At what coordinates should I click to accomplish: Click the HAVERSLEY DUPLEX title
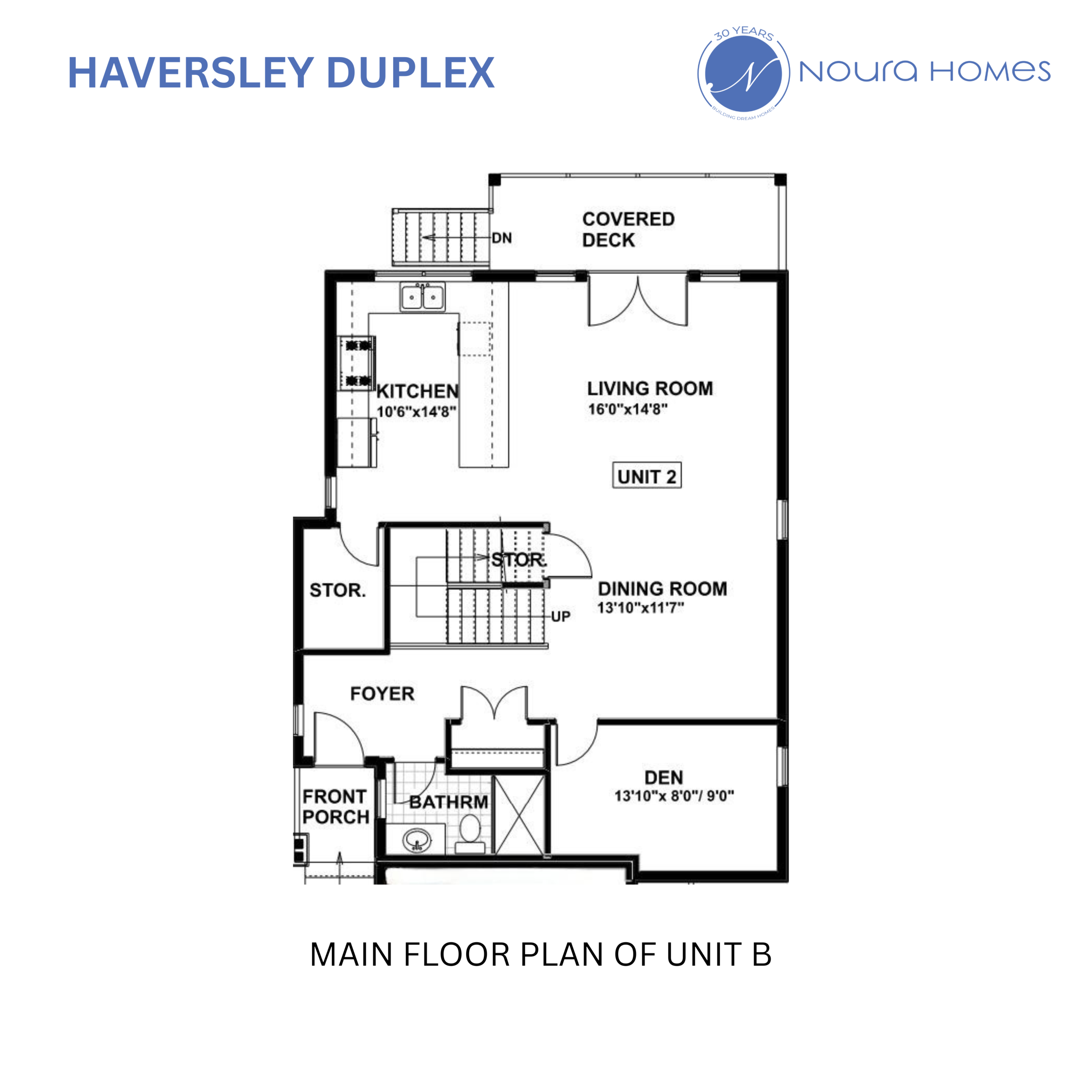click(x=281, y=73)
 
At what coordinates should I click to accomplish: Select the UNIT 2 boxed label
click(x=646, y=477)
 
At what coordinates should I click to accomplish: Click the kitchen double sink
click(x=423, y=297)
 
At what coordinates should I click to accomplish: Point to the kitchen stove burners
click(x=357, y=363)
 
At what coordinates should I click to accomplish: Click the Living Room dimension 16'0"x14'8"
click(x=627, y=410)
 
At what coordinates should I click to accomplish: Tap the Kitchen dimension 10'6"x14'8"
click(x=416, y=412)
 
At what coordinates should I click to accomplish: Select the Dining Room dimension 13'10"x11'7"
click(x=640, y=608)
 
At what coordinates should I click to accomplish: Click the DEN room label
click(x=664, y=777)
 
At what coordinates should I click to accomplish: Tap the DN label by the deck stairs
click(x=502, y=238)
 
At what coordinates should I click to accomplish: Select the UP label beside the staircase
click(x=560, y=617)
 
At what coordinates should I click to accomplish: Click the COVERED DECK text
click(x=628, y=229)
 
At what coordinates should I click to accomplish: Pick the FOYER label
click(x=382, y=694)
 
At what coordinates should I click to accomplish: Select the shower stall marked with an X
click(x=520, y=815)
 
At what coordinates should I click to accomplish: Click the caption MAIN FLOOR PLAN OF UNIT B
click(x=541, y=954)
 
